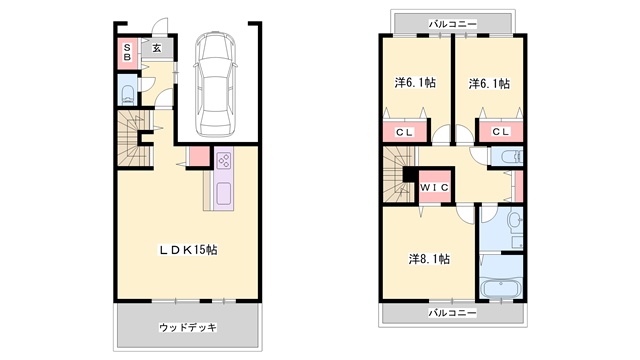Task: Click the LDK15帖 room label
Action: click(x=188, y=250)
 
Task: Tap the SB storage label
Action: click(x=127, y=53)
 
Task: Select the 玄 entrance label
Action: click(x=157, y=48)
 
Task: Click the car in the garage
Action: click(x=215, y=85)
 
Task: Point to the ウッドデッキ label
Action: click(x=188, y=327)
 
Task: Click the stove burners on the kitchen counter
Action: click(x=224, y=160)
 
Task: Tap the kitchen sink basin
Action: click(x=224, y=193)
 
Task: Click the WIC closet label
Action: click(x=434, y=187)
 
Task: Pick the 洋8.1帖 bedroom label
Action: click(x=429, y=259)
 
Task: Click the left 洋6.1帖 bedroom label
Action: click(x=415, y=83)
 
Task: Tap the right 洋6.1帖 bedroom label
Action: click(x=489, y=84)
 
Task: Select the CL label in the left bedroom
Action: click(x=404, y=132)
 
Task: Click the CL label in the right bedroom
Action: click(x=501, y=131)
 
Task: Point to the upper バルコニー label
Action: click(x=452, y=24)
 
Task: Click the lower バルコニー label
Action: click(x=452, y=313)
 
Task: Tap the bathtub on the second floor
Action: click(x=501, y=288)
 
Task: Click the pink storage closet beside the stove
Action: click(x=199, y=156)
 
